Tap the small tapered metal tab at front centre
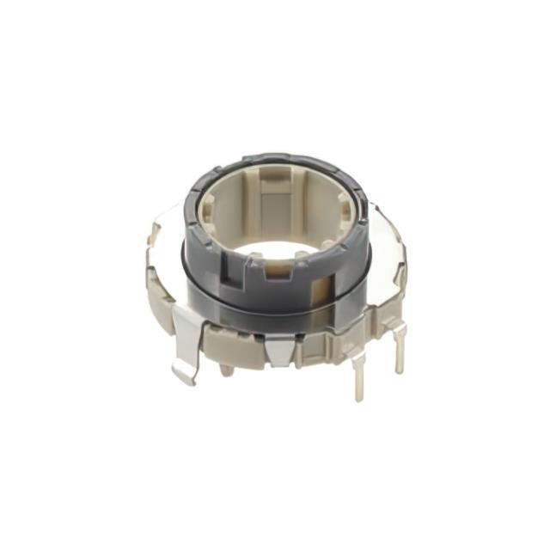[x=277, y=348]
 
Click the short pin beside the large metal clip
[x=226, y=369]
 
